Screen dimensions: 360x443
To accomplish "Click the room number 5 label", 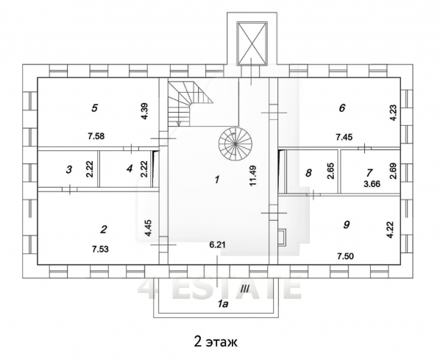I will [94, 107].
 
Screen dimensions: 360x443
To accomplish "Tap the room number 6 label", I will [341, 107].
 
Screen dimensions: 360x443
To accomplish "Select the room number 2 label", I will [104, 228].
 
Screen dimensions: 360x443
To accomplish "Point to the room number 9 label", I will [346, 225].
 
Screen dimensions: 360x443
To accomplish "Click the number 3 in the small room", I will [68, 169].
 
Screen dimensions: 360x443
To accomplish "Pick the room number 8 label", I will [308, 174].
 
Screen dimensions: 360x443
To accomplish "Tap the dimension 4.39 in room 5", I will [145, 113].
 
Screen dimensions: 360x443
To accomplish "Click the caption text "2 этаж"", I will [216, 342].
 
